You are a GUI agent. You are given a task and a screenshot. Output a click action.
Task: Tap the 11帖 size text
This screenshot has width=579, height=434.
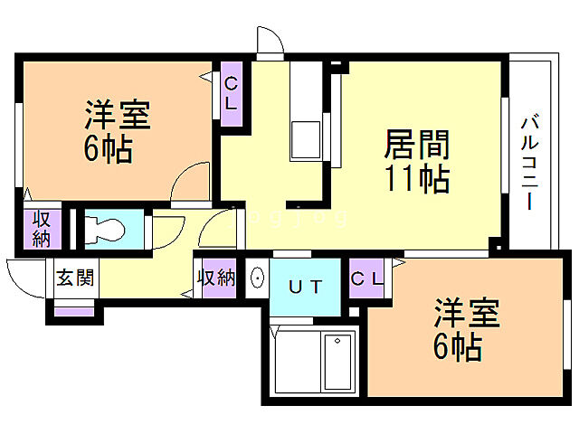coord(417,179)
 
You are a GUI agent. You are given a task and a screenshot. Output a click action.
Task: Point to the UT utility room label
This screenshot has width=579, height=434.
coord(304,288)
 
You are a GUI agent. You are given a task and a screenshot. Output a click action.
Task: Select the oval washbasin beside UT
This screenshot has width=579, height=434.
coord(256,278)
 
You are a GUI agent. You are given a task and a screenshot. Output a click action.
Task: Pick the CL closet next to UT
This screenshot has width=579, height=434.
coord(365,278)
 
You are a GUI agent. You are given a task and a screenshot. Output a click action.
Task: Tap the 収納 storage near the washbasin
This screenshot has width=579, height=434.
coord(217,278)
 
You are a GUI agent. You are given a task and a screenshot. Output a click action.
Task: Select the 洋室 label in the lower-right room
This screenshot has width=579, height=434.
coord(466,315)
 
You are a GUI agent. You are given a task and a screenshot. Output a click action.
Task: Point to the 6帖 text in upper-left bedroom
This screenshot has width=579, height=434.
coord(109,149)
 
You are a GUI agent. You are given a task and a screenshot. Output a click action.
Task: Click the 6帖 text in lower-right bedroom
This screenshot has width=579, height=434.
coord(458,347)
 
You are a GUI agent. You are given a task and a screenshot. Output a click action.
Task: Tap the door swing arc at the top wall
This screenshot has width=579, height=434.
coord(269,42)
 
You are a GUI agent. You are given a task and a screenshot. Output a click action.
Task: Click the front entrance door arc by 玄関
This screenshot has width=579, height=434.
coord(24,273)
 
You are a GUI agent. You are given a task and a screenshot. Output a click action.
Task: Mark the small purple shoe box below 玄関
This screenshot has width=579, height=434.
coord(74,309)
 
